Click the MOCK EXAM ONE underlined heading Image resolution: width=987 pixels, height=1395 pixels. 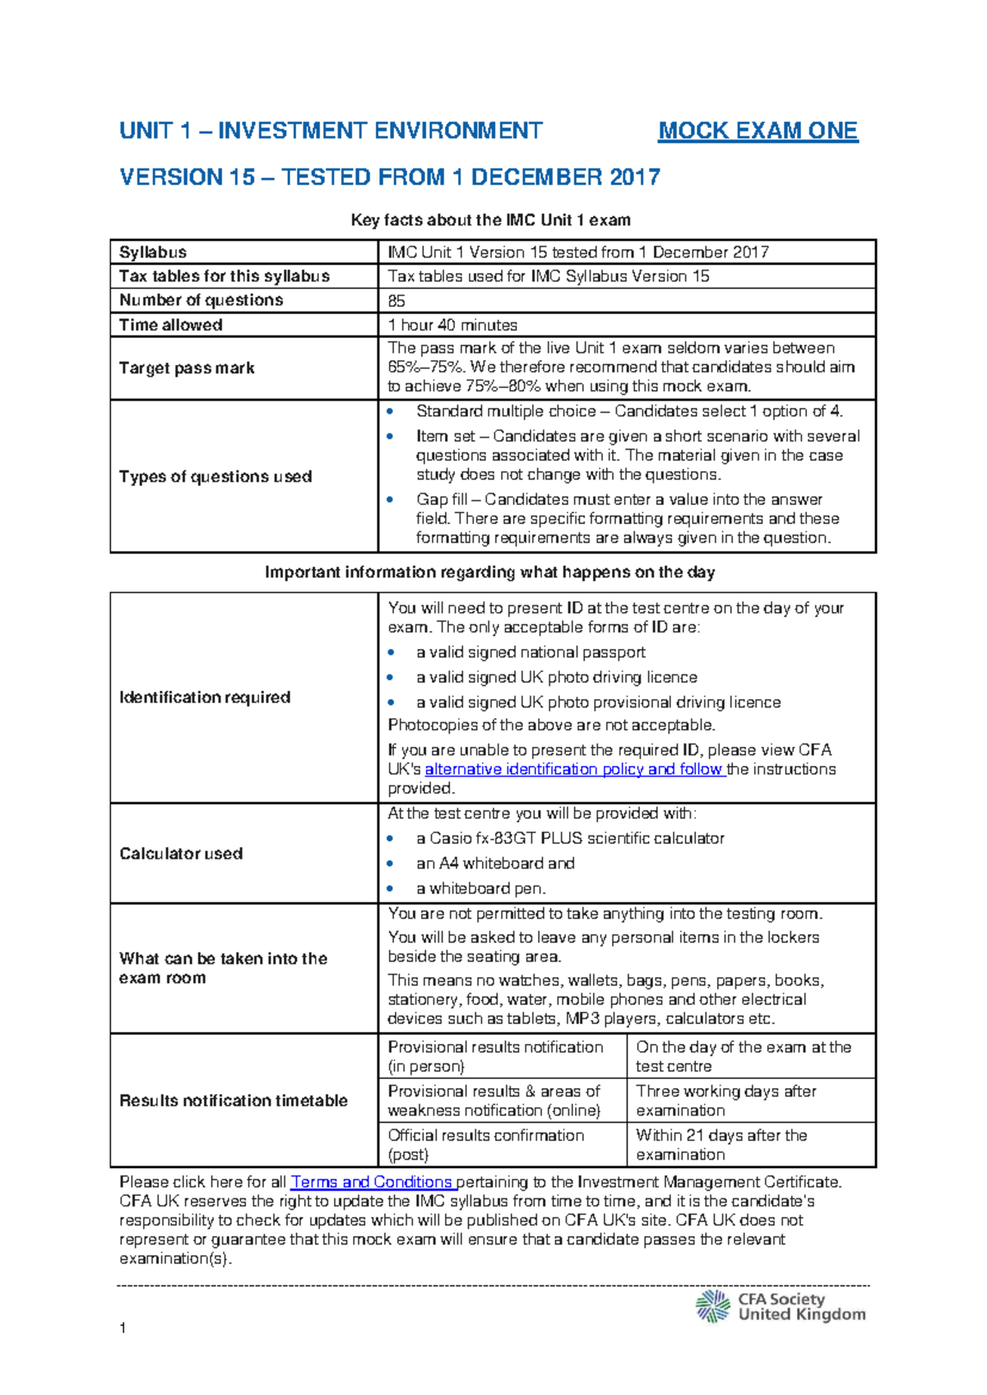(758, 131)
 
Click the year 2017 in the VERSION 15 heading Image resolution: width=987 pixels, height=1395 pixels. (635, 178)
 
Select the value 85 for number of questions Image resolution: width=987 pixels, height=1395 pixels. (396, 301)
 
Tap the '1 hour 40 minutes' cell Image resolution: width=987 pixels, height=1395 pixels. (452, 325)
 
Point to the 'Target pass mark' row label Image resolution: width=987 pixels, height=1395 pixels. (187, 368)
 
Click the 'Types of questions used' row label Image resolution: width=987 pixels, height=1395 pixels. (215, 476)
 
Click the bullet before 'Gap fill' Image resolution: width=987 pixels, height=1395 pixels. (391, 499)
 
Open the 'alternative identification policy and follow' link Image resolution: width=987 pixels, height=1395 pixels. (574, 769)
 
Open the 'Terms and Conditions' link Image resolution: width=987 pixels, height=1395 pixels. (372, 1182)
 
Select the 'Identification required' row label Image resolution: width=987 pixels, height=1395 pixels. (205, 697)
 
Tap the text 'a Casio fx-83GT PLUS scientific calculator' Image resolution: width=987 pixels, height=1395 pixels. (570, 838)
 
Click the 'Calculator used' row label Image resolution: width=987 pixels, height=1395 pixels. (181, 854)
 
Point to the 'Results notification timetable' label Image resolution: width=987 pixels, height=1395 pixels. (234, 1101)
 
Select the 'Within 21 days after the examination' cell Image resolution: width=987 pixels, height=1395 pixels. (721, 1144)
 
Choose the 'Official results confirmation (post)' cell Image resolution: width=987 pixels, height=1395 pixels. (485, 1144)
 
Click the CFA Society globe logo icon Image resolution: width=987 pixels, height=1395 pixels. (713, 1306)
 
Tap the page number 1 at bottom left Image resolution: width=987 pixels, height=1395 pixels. (123, 1328)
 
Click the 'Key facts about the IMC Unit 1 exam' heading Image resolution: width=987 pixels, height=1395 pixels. (491, 220)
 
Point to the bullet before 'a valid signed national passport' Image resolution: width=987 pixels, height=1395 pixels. (392, 653)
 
